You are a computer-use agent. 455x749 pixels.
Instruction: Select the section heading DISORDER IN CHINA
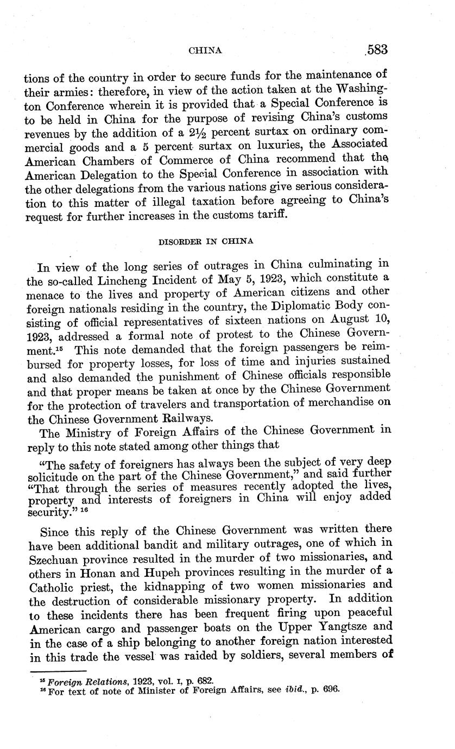coord(205,241)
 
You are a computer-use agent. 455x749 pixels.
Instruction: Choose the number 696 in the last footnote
coord(330,690)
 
